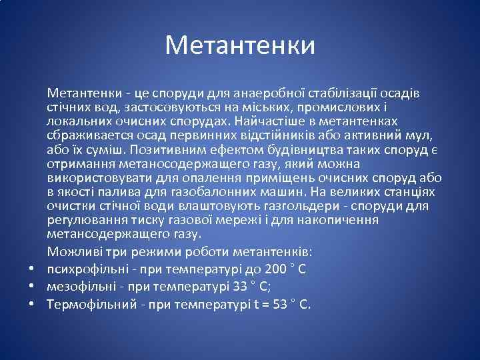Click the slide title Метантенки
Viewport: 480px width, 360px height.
240,45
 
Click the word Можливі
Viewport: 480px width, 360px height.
71,253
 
